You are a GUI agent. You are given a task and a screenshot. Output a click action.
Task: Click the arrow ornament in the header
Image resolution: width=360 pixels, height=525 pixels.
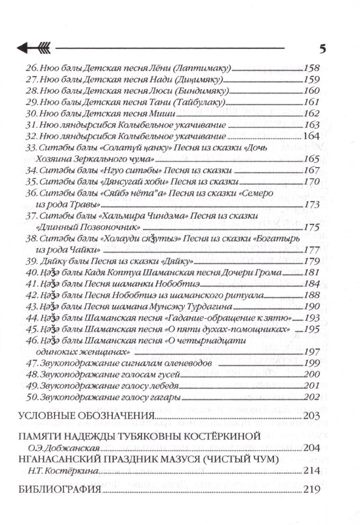36,47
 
